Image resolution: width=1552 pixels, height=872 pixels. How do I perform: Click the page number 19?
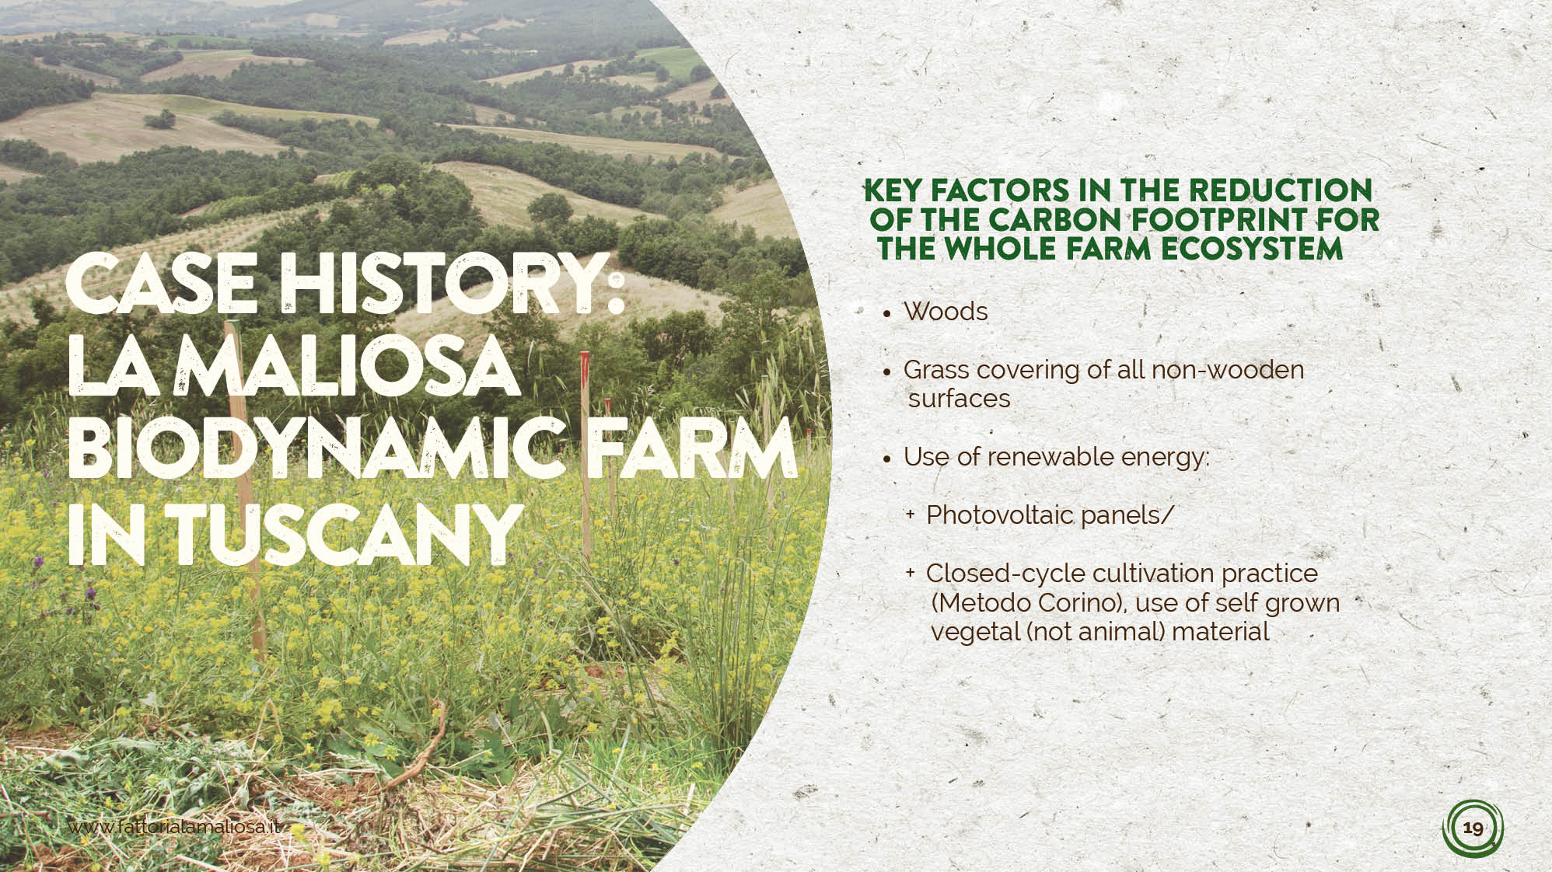pos(1473,828)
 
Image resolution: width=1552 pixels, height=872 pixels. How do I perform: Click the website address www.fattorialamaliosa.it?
pos(174,826)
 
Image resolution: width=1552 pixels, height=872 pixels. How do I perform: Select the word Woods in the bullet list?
pos(946,312)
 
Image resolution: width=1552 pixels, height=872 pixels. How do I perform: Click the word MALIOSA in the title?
pos(350,364)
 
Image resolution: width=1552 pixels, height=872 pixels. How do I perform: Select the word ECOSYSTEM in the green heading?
pos(1250,249)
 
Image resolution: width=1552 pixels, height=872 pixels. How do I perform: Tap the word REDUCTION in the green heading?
pos(1280,190)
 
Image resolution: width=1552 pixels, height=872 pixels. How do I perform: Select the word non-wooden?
pos(1227,370)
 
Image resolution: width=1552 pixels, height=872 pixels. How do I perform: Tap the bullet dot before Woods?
pos(887,315)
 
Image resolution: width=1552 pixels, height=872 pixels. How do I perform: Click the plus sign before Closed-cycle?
pos(910,573)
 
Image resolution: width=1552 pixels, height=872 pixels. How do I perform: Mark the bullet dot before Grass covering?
pos(887,373)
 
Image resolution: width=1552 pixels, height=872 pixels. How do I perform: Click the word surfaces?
pos(959,399)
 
